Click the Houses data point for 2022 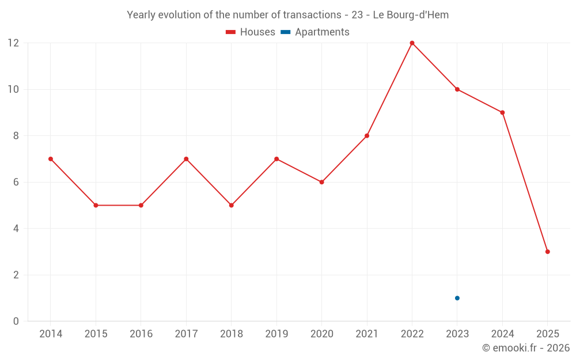click(x=412, y=43)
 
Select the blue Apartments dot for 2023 click(x=457, y=298)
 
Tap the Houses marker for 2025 click(x=548, y=252)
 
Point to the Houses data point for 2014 click(x=51, y=159)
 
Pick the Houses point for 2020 click(x=322, y=182)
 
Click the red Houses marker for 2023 click(x=457, y=89)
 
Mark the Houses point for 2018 click(x=232, y=205)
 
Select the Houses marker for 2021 click(x=367, y=136)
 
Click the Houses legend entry click(x=251, y=32)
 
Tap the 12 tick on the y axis click(x=13, y=43)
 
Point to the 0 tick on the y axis click(x=16, y=321)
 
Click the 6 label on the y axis click(x=16, y=182)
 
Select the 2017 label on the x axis click(x=186, y=334)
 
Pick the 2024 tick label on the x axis click(x=502, y=334)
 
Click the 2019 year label click(x=276, y=334)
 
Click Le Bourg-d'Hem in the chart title click(x=411, y=15)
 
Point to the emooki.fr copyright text click(x=526, y=348)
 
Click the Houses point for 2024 click(x=502, y=112)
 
